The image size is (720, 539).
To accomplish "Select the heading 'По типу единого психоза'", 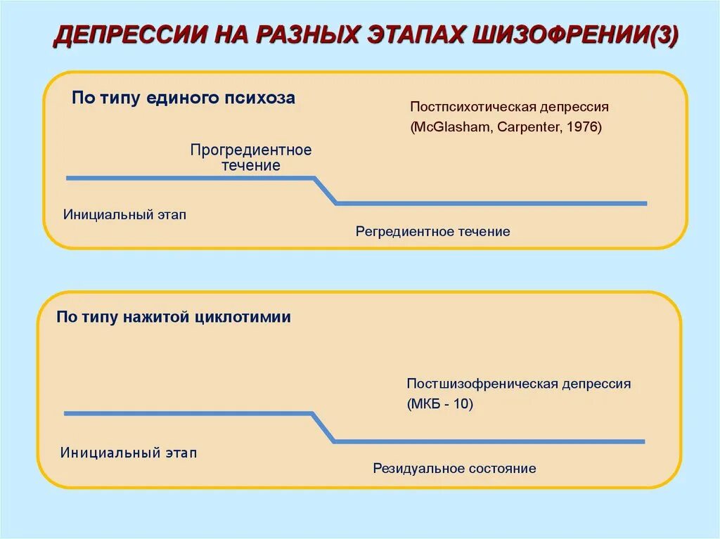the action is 184,98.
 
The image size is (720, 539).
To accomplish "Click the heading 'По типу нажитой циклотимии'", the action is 174,317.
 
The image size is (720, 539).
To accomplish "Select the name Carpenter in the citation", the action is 527,128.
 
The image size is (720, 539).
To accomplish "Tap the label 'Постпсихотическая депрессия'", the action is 509,108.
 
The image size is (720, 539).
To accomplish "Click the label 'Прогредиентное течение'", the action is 250,158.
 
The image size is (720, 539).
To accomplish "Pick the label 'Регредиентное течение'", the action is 432,231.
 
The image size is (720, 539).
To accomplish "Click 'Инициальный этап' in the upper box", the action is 125,214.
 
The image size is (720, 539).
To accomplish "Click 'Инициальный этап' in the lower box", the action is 129,453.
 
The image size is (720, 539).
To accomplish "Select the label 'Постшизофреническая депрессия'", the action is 518,384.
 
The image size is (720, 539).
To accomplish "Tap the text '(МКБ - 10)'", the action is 439,405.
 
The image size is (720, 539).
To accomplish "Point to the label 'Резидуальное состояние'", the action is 454,468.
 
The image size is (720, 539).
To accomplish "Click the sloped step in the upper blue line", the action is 325,190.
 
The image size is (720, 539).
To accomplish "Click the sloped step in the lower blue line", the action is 323,427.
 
